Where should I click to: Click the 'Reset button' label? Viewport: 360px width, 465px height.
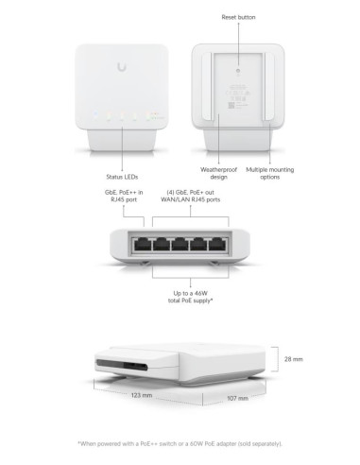238,18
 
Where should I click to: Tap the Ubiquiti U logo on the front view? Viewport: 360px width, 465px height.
124,67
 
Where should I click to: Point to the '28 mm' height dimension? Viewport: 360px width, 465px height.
293,360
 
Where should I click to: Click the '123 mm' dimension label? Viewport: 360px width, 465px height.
142,395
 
